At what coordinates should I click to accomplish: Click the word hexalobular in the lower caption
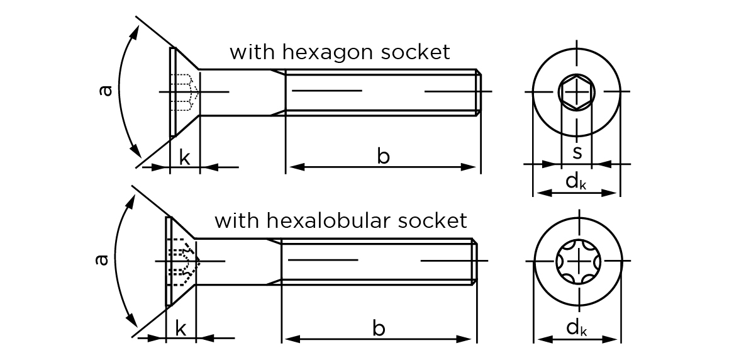323,221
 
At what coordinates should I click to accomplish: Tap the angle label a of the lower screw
102,259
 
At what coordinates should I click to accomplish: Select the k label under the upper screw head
184,157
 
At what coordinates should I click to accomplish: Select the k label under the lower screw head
181,328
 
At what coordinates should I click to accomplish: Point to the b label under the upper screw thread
383,155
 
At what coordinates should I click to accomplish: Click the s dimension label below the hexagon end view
577,152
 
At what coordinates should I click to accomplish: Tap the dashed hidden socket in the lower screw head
183,260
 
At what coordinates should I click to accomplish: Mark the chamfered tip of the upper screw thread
479,92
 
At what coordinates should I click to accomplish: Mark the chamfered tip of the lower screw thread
475,261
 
